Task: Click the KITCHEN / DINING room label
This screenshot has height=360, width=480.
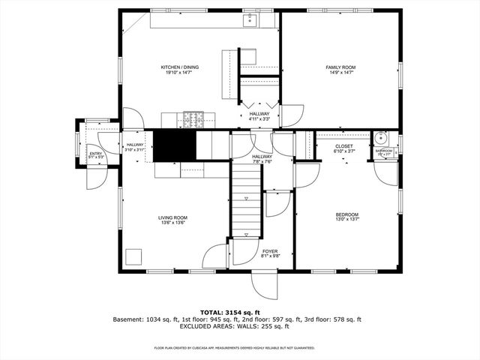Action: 180,67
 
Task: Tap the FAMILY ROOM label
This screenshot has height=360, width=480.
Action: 340,67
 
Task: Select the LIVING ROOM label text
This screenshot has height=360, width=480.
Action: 172,217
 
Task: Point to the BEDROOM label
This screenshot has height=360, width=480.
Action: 346,214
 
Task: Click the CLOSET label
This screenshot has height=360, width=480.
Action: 344,146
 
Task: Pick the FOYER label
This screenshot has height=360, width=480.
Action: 270,251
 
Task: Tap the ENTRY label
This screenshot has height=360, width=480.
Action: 96,154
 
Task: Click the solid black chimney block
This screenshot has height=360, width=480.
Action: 174,145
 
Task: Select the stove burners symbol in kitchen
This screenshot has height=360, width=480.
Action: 193,118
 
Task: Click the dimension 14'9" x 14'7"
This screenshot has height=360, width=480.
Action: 340,73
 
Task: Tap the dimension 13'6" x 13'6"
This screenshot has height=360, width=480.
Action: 172,223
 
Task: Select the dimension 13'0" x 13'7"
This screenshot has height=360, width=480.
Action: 346,220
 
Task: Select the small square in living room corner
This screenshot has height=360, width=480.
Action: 133,257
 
